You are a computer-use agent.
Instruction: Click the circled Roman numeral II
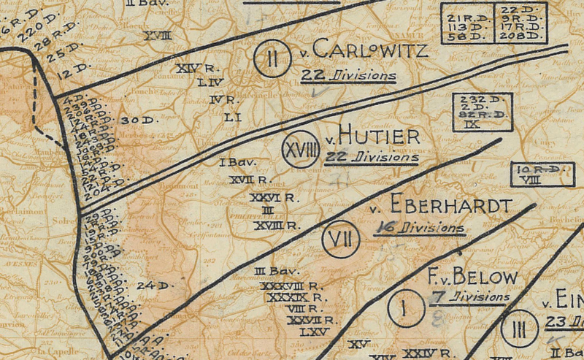271,56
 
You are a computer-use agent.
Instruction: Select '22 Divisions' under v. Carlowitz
348,76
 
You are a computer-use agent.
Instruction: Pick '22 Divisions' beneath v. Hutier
372,158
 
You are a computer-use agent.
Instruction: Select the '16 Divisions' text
419,228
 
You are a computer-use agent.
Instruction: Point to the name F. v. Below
472,277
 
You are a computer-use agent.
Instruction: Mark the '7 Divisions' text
471,297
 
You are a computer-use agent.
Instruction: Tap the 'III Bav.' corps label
272,272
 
